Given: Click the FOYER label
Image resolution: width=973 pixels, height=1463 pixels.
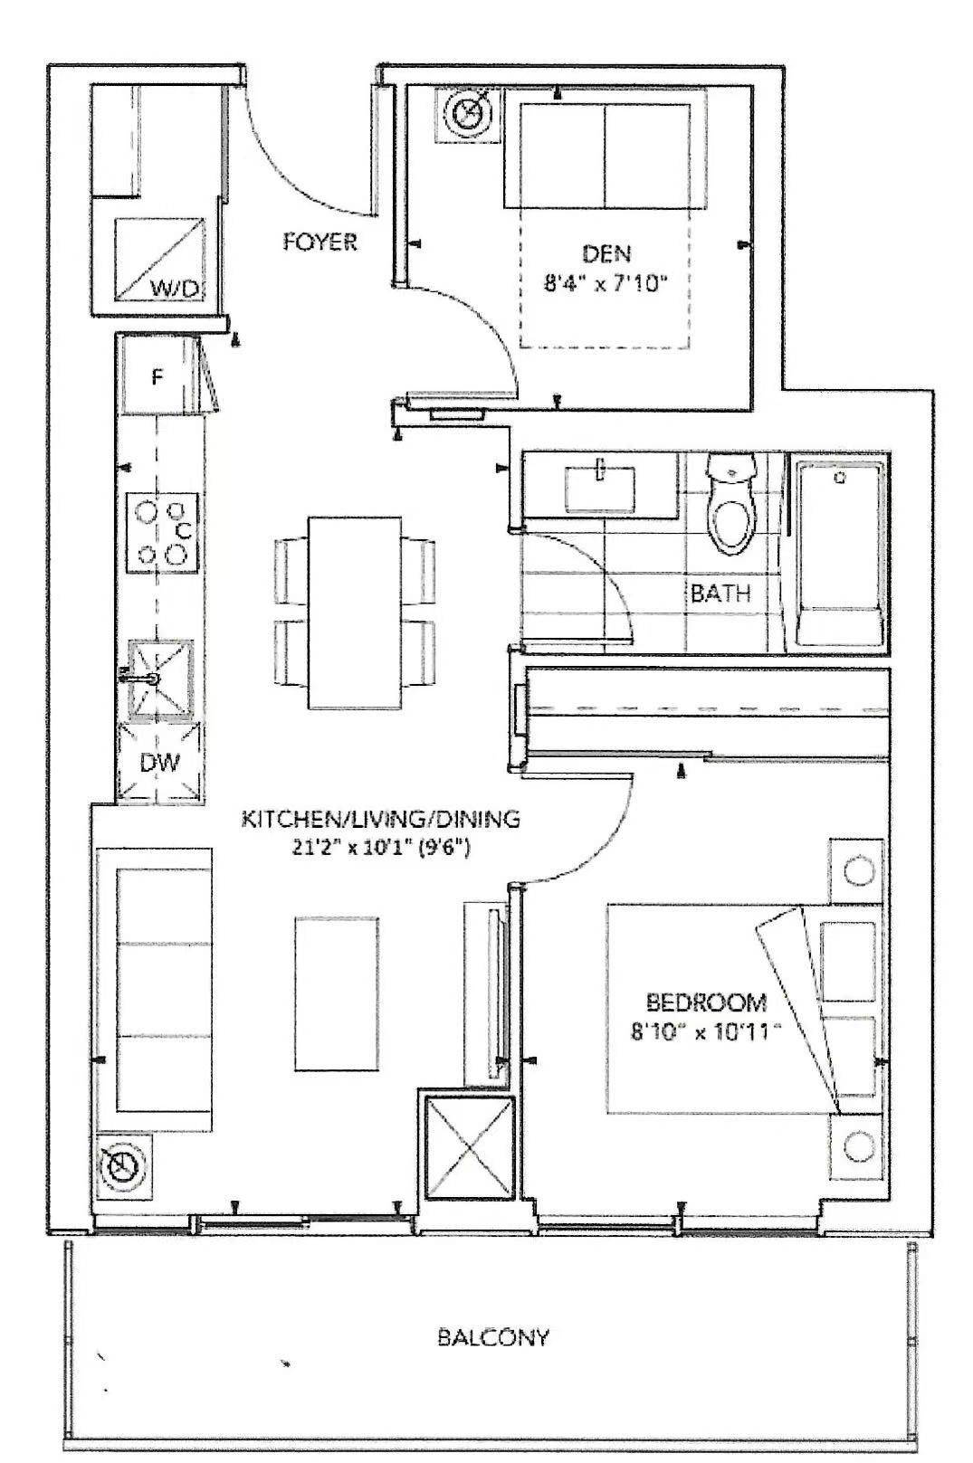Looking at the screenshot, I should (320, 242).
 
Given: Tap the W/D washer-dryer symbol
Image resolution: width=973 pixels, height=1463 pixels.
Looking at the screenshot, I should (160, 260).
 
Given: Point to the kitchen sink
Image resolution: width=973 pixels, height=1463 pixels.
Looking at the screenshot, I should (161, 677).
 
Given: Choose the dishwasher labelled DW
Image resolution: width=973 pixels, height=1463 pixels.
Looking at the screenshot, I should (160, 763).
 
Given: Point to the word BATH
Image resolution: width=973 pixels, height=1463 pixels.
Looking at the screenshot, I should (720, 594).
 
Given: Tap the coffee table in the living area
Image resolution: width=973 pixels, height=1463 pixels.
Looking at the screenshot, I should (336, 993).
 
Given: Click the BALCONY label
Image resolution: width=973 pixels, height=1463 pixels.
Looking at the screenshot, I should (492, 1337).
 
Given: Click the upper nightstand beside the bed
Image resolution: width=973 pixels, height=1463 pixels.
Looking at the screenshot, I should (856, 870).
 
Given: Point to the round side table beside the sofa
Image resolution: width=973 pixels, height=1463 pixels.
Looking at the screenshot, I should (120, 1167).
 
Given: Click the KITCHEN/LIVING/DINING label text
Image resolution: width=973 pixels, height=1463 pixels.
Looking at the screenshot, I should (380, 820).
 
